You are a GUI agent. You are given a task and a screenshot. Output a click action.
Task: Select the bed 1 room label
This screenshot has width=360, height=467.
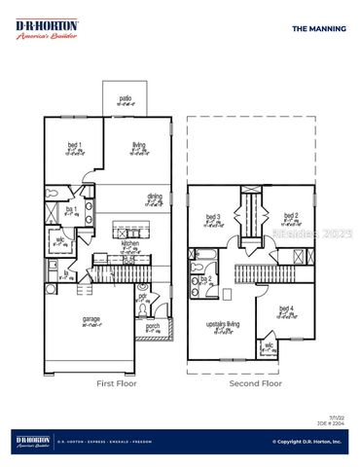[x=74, y=145]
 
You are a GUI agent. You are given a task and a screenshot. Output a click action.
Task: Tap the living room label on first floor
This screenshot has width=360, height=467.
[x=140, y=145]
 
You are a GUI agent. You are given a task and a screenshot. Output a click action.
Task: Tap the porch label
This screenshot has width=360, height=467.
[x=153, y=326]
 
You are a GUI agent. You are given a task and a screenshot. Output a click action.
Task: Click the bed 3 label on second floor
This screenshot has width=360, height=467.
[x=214, y=217]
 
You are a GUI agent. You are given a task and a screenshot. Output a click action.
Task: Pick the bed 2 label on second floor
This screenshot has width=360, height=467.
[x=288, y=216]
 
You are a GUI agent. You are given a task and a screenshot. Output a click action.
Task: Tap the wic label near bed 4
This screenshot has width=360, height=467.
[x=268, y=343]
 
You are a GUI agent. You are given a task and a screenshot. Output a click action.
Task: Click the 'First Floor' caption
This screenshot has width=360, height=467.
[x=117, y=384]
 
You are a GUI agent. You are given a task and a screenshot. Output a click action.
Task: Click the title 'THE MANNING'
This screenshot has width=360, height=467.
[x=319, y=29]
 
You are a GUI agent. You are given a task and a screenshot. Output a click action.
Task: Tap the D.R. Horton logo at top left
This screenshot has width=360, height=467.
[x=47, y=29]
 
